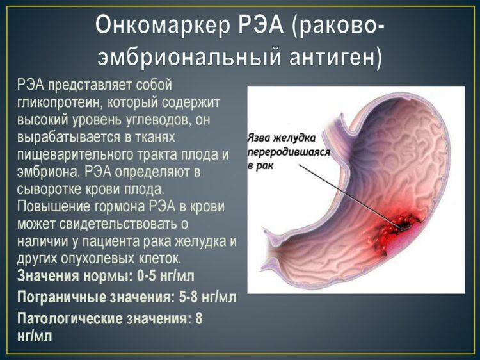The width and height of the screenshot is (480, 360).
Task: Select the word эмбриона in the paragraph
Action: pyautogui.click(x=45, y=172)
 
